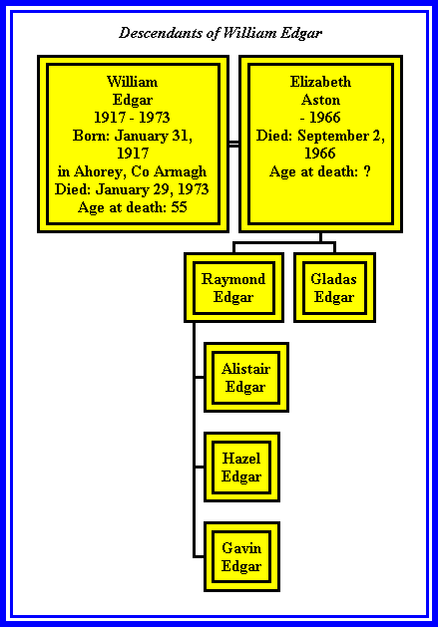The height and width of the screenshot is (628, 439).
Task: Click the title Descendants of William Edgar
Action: (220, 33)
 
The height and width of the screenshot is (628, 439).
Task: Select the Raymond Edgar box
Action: (234, 287)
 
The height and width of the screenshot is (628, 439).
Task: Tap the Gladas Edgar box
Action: (335, 287)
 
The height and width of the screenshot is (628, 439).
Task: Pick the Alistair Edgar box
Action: (246, 377)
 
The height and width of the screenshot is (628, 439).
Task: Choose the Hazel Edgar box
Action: (241, 467)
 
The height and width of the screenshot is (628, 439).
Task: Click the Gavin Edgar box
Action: (241, 556)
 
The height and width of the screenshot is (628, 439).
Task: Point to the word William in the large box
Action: (133, 82)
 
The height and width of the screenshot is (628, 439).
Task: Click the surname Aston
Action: (320, 100)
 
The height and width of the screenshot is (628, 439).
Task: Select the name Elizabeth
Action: (320, 82)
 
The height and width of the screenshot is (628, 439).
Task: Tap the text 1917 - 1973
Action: (133, 118)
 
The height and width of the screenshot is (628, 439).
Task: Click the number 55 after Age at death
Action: (180, 207)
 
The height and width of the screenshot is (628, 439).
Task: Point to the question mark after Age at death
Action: (367, 171)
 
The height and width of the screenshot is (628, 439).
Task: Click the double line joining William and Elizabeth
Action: (234, 144)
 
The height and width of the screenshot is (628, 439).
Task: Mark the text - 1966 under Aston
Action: (320, 118)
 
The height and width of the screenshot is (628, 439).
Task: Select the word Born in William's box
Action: (91, 136)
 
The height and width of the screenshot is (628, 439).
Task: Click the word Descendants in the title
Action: (162, 33)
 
